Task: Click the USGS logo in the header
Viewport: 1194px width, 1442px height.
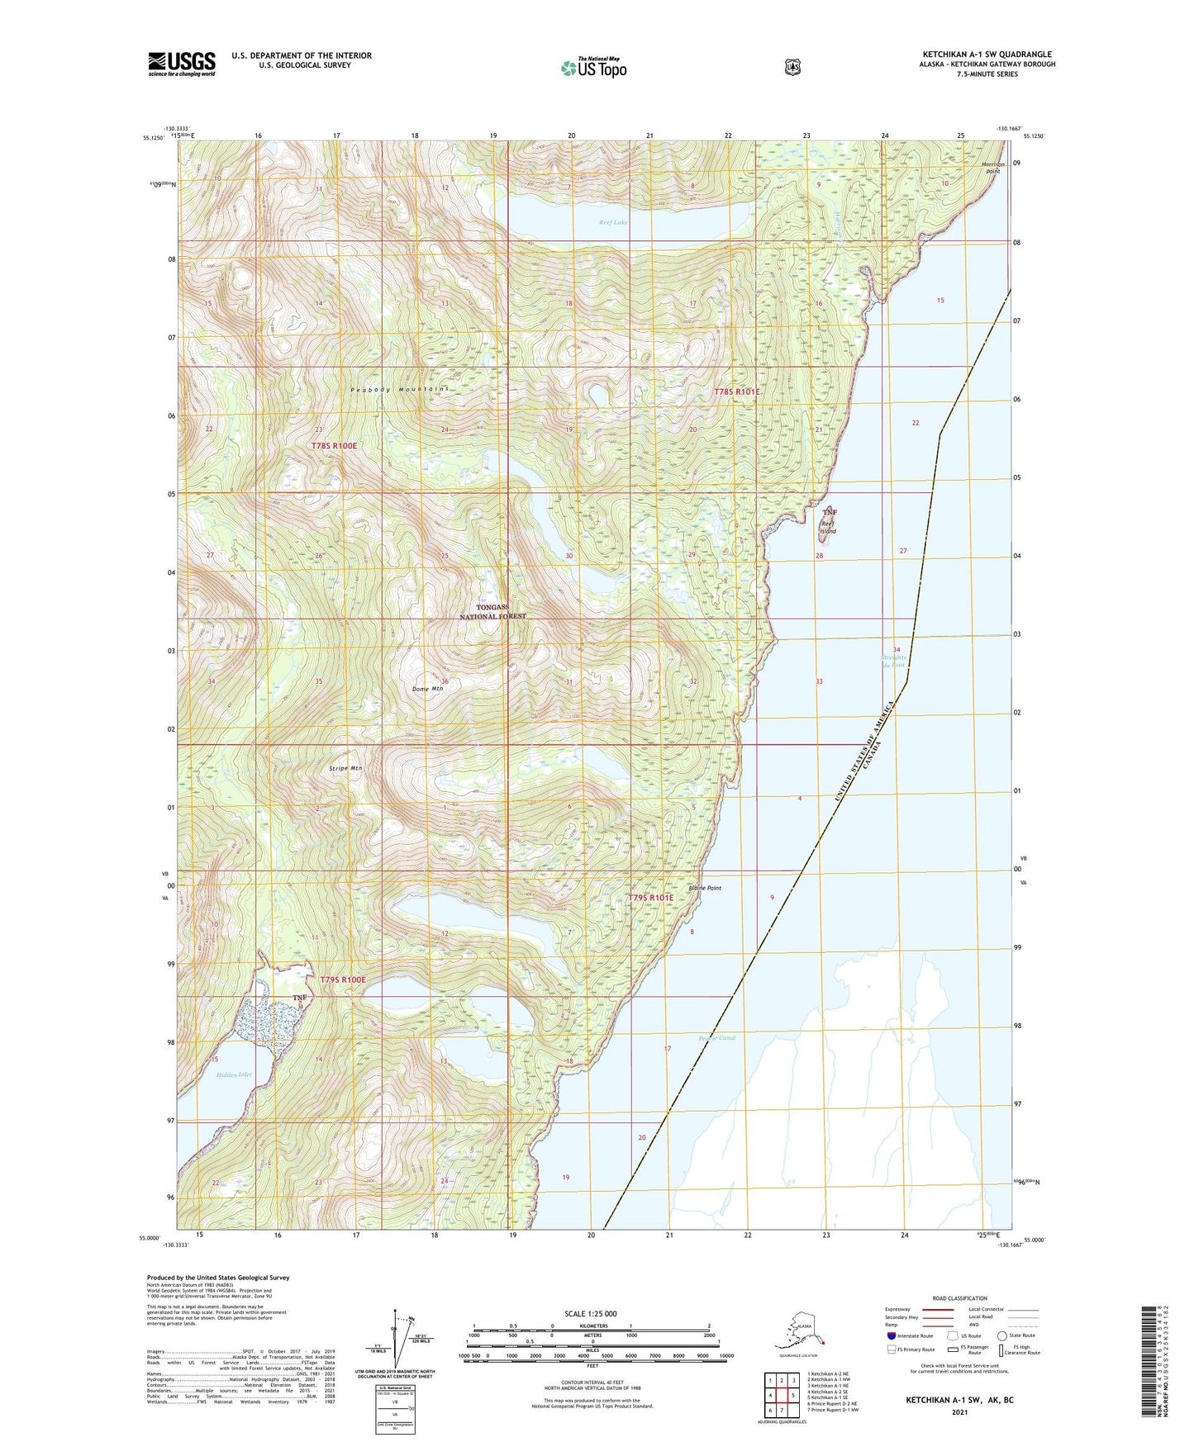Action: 182,64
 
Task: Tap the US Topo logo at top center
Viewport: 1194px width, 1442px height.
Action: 593,68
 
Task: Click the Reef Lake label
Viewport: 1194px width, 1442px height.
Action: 613,222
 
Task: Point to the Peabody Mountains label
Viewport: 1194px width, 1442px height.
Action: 399,389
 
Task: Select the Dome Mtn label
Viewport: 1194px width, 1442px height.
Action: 428,688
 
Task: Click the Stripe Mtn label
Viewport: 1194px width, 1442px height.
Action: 345,768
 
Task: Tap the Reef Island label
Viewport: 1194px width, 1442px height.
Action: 829,527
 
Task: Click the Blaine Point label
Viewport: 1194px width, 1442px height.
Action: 705,889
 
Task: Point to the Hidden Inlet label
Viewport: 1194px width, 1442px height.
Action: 233,1074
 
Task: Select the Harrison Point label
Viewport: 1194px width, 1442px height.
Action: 993,168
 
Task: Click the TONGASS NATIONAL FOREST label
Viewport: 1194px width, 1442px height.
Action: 500,612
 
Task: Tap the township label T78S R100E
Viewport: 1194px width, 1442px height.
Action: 335,446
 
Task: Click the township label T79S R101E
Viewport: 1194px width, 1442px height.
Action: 651,897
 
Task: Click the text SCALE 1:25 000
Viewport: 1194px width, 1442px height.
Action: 590,1314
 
